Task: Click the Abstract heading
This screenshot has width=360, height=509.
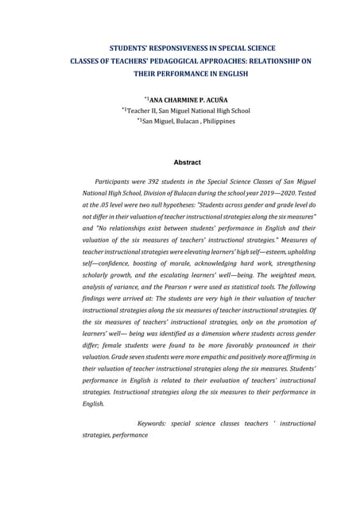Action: pyautogui.click(x=187, y=162)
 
